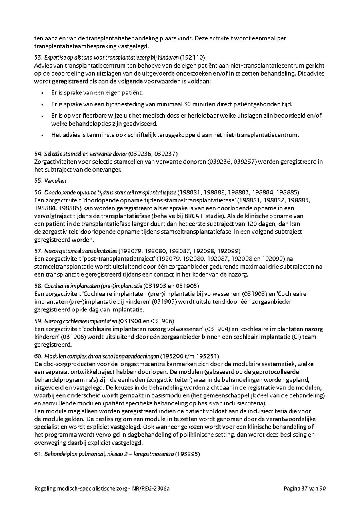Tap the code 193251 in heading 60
[206, 356]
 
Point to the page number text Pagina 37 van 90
[305, 488]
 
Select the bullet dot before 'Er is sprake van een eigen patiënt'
[42, 93]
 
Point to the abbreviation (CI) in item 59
[297, 337]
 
